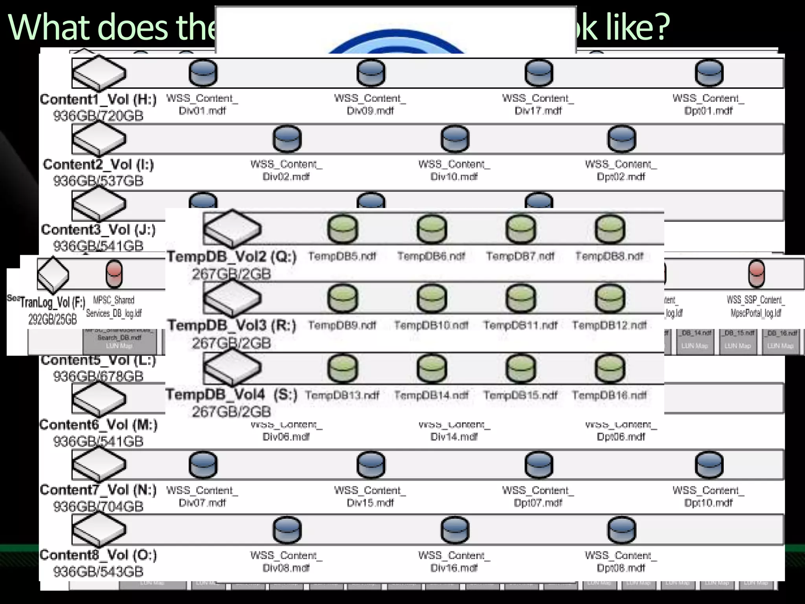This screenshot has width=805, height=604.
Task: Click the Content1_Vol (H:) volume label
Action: (x=98, y=99)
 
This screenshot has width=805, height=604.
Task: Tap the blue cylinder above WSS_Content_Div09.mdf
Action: (x=371, y=73)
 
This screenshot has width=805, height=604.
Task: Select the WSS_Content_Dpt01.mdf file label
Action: (x=708, y=105)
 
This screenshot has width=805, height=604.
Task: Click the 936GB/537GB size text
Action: (x=98, y=181)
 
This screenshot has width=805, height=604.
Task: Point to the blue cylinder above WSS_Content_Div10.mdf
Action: (x=454, y=139)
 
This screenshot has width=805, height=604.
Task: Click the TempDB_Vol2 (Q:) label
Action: (x=232, y=257)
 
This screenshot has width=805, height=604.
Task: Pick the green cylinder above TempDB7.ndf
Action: (x=520, y=229)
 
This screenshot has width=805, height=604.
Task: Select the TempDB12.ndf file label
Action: (x=609, y=326)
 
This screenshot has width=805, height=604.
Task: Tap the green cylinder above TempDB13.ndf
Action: (x=342, y=368)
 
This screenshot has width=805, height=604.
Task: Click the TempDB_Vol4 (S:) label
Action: (x=232, y=394)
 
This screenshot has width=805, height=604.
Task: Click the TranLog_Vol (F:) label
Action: (x=53, y=302)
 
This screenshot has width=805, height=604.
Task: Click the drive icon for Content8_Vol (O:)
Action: (x=99, y=530)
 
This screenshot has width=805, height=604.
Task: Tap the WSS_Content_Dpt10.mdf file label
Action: (x=708, y=497)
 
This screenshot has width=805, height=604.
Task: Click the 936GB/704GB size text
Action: (x=98, y=506)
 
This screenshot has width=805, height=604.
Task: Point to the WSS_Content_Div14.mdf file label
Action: (x=454, y=431)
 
